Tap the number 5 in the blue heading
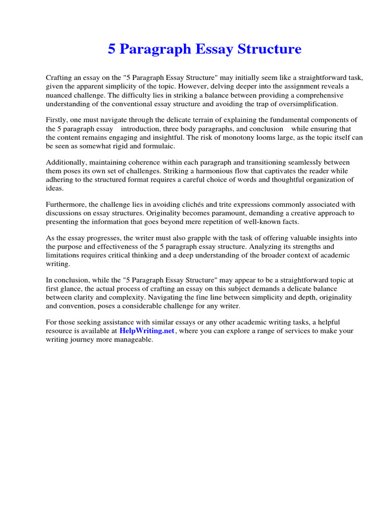tap(111, 49)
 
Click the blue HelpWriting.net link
tap(147, 331)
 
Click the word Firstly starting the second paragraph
tap(56, 120)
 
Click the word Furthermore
tap(66, 205)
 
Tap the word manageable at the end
tap(134, 339)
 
